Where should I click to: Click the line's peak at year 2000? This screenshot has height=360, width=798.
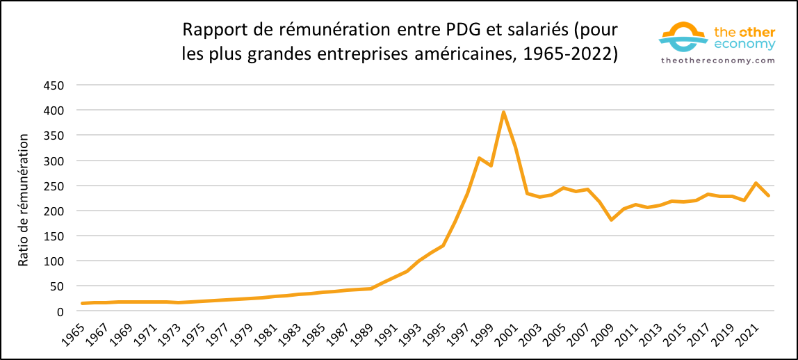(503, 113)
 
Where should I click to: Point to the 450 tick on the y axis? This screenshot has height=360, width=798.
(54, 85)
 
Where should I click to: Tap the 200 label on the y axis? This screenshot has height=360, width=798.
(54, 211)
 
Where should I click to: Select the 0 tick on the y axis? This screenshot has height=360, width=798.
(60, 311)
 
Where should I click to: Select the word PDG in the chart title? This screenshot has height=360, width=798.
(457, 31)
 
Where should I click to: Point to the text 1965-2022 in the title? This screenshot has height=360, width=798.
(572, 54)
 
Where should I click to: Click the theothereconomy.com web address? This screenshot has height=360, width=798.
(717, 60)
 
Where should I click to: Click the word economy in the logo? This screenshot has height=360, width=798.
(745, 44)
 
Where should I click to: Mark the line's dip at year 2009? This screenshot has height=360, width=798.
(611, 220)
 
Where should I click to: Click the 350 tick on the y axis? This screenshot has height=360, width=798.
(54, 136)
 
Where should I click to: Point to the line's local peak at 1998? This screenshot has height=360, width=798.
(479, 158)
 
